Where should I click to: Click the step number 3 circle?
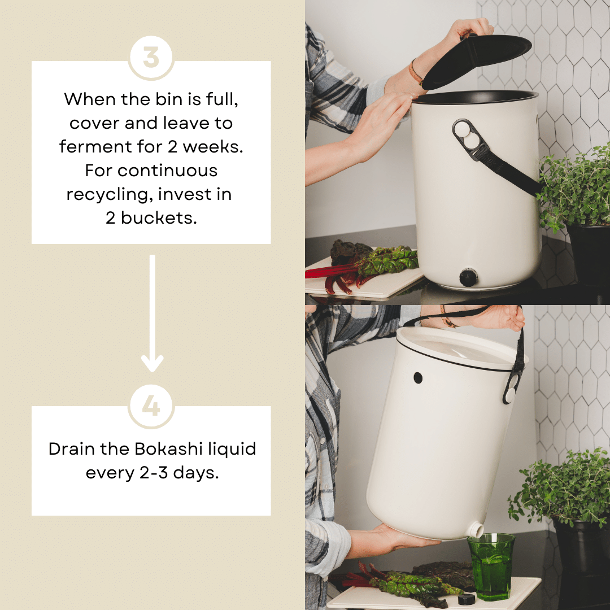pyautogui.click(x=151, y=58)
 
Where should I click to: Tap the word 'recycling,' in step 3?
pyautogui.click(x=108, y=194)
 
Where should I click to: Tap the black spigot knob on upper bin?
pyautogui.click(x=468, y=277)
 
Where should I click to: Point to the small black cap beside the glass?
pyautogui.click(x=466, y=599)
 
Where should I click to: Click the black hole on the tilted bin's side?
pyautogui.click(x=418, y=378)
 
